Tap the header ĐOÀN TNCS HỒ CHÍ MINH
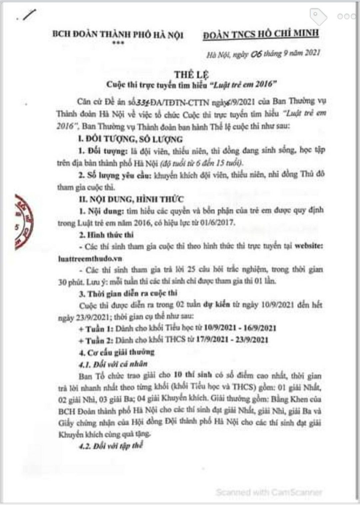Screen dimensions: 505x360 click(x=261, y=33)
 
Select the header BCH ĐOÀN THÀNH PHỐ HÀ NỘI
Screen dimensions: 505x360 click(x=118, y=35)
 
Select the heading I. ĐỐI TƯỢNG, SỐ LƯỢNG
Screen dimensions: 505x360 click(x=131, y=139)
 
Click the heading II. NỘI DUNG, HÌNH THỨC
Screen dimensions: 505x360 click(x=131, y=199)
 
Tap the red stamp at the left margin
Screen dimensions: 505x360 click(x=23, y=221)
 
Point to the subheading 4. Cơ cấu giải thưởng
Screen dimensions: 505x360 click(x=117, y=352)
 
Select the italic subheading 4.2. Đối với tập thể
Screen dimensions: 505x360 click(x=111, y=446)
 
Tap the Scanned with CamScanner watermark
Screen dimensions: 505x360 click(x=269, y=492)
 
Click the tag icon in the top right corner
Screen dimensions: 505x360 click(x=318, y=16)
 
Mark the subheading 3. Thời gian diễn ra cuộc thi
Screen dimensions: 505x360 click(x=128, y=293)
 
